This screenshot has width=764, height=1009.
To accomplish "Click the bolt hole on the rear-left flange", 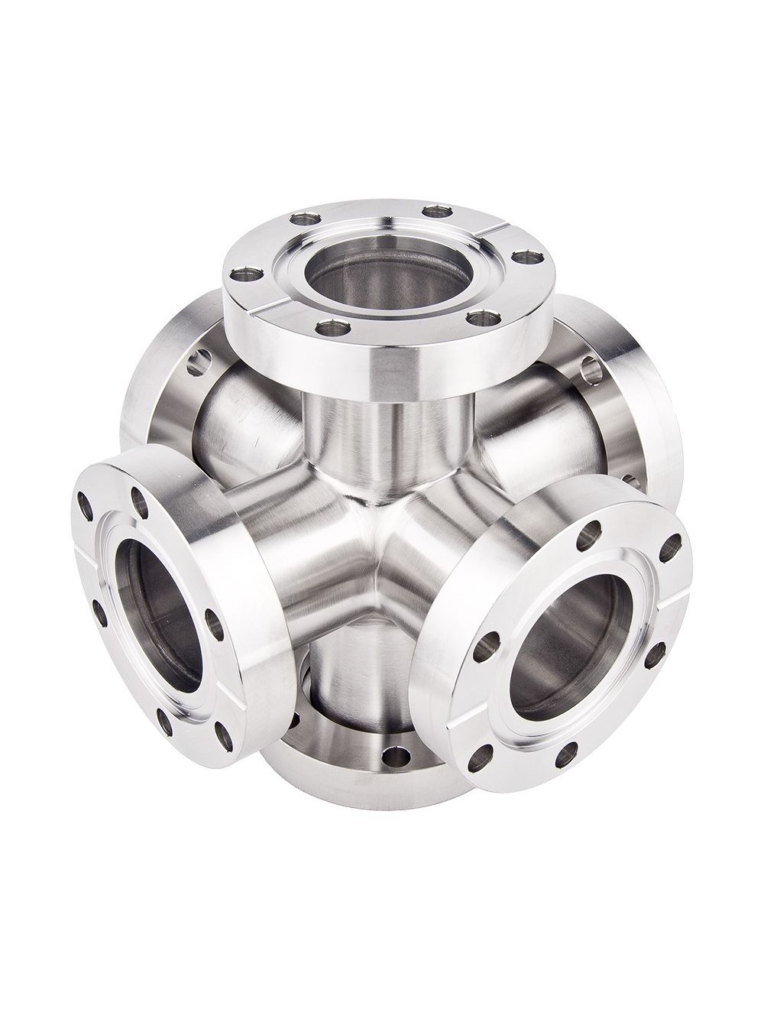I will pyautogui.click(x=202, y=359).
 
